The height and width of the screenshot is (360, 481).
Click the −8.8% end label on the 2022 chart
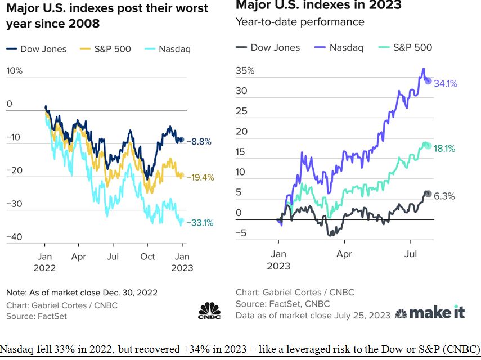coord(199,142)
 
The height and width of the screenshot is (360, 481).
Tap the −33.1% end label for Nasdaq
coord(200,222)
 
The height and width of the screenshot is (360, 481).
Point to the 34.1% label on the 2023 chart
coord(446,84)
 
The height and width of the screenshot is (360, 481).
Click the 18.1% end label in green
coord(444,148)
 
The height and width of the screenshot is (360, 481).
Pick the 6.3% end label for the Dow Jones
coord(444,196)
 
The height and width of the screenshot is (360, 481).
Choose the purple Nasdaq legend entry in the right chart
coord(339,47)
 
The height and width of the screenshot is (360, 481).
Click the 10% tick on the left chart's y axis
coord(14,71)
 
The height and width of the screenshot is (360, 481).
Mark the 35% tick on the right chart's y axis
coord(245,71)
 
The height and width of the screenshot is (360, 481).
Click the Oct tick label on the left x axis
coord(148,257)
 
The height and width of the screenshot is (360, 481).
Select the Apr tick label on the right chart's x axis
coord(344,254)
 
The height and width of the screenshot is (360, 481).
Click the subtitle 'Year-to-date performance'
coord(300,22)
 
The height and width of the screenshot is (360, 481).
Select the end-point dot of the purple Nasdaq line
coord(428,81)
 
